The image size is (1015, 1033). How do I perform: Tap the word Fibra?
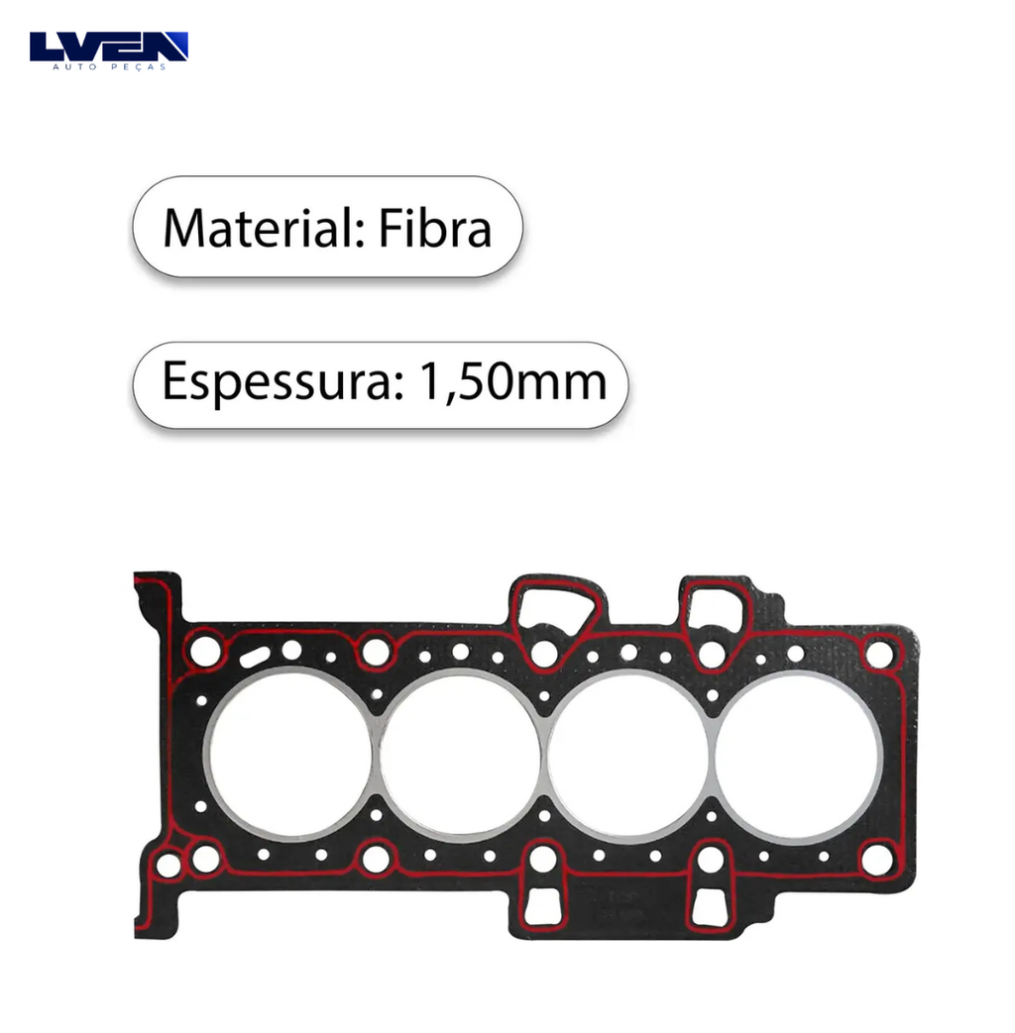(x=435, y=228)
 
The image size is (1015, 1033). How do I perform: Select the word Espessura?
(x=282, y=382)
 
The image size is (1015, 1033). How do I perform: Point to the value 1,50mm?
(x=512, y=382)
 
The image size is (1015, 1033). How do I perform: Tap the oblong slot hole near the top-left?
(x=255, y=657)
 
